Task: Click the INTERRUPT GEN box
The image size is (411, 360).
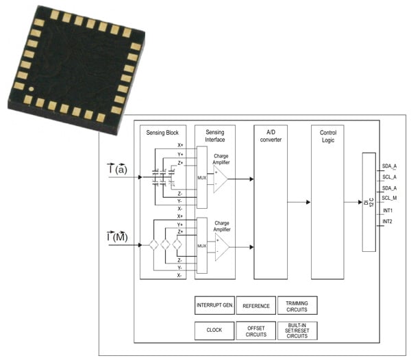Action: click(214, 305)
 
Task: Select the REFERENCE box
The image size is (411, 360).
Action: click(256, 305)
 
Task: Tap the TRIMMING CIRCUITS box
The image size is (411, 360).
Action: click(297, 305)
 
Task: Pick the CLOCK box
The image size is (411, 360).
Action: click(214, 330)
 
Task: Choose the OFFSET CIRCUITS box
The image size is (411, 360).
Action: click(256, 330)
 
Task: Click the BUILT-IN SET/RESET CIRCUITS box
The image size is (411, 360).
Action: click(297, 330)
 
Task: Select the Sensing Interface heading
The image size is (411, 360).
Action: click(214, 136)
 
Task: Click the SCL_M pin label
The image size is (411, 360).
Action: click(390, 198)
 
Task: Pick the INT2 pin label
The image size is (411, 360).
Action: click(387, 221)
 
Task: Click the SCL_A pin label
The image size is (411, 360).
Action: click(389, 176)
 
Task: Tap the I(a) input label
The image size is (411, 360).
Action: click(117, 168)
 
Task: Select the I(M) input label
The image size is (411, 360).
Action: click(117, 237)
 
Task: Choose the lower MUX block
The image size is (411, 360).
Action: click(201, 245)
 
